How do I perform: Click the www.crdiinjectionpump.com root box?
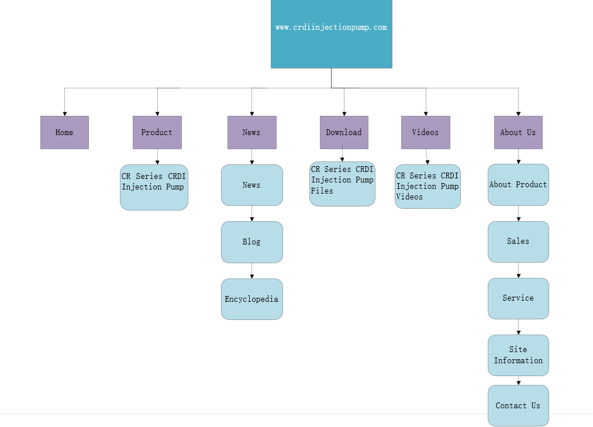pyautogui.click(x=331, y=34)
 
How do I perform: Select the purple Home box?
pyautogui.click(x=64, y=132)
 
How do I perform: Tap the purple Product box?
pyautogui.click(x=157, y=132)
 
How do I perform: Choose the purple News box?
pyautogui.click(x=251, y=132)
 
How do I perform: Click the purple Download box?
pyautogui.click(x=344, y=132)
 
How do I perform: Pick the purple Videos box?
pyautogui.click(x=425, y=132)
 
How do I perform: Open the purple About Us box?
pyautogui.click(x=518, y=132)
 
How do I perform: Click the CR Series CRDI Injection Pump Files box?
pyautogui.click(x=342, y=184)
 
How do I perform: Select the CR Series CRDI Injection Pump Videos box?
pyautogui.click(x=427, y=187)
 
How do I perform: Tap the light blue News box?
pyautogui.click(x=251, y=185)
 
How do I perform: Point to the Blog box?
pyautogui.click(x=251, y=242)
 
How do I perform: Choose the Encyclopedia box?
pyautogui.click(x=251, y=299)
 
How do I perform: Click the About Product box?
pyautogui.click(x=518, y=184)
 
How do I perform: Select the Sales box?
pyautogui.click(x=518, y=241)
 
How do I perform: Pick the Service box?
pyautogui.click(x=518, y=298)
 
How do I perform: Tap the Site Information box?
pyautogui.click(x=518, y=355)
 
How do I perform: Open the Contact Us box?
pyautogui.click(x=518, y=405)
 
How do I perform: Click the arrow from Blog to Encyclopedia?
pyautogui.click(x=252, y=271)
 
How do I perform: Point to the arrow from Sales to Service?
pyautogui.click(x=518, y=270)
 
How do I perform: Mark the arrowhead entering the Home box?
pyautogui.click(x=64, y=113)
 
